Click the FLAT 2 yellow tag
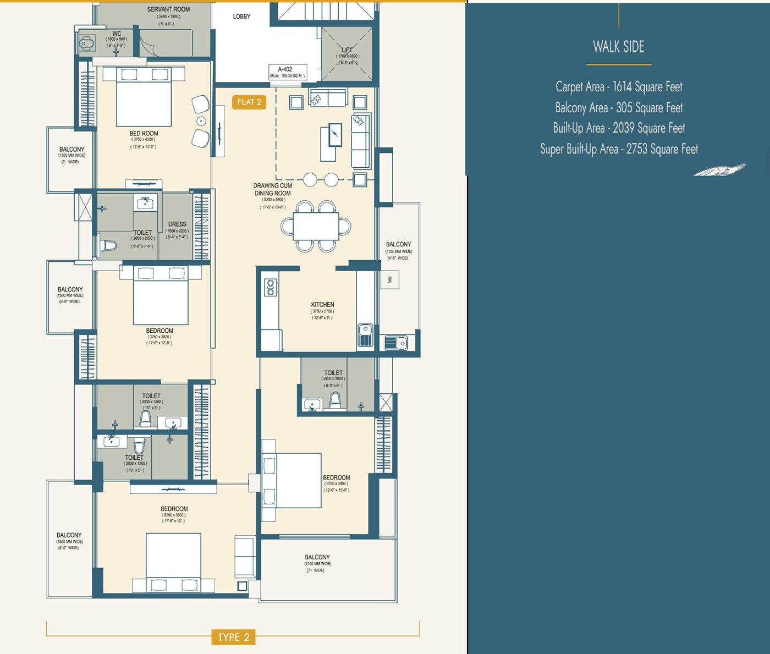coord(249,102)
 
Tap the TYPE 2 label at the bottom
coord(233,637)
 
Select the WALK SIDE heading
coord(618,47)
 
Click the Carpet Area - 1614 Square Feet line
coord(619,86)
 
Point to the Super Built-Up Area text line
coord(619,149)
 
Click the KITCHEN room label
coord(322,305)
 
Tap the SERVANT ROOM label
coord(168,9)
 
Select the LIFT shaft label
coord(347,50)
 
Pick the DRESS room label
coord(177,224)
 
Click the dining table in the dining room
coord(316,226)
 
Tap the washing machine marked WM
coord(390,280)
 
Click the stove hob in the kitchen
coord(270,287)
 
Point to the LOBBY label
coord(241,17)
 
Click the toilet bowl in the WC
coord(86,43)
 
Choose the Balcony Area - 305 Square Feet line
coord(619,108)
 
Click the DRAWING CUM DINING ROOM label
coord(272,190)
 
